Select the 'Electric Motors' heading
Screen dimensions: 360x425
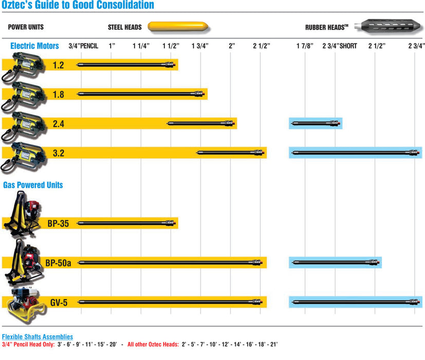coord(34,46)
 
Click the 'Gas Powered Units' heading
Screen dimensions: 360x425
coord(33,185)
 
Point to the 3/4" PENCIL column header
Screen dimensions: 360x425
coord(83,46)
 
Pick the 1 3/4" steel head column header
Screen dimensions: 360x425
coord(200,46)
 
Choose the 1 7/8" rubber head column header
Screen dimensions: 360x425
coord(305,46)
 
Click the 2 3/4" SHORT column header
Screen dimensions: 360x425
coord(339,46)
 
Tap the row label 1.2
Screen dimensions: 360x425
coord(59,65)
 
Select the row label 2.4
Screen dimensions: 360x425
coord(59,123)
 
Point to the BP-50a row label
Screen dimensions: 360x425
coord(58,263)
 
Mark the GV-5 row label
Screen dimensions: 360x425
coord(59,302)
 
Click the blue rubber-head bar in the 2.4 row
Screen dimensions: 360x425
coord(316,123)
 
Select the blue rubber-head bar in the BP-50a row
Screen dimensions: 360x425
coord(335,262)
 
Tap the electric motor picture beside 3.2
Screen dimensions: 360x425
coord(23,154)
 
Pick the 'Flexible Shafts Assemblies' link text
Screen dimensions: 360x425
coord(38,336)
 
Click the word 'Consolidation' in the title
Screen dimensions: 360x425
coord(122,6)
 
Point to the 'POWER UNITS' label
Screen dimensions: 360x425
coord(26,26)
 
